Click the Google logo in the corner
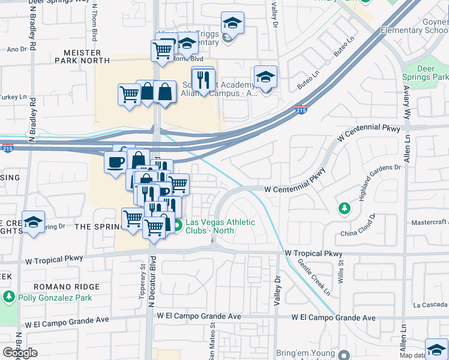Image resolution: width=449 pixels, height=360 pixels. click(20, 353)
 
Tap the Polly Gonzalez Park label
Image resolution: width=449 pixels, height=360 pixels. click(51, 298)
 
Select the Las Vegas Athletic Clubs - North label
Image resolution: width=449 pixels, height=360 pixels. click(220, 226)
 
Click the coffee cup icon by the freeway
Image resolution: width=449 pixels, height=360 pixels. click(115, 161)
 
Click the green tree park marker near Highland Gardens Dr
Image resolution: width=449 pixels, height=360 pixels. click(344, 208)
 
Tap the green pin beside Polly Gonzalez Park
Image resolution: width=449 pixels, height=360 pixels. click(9, 297)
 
